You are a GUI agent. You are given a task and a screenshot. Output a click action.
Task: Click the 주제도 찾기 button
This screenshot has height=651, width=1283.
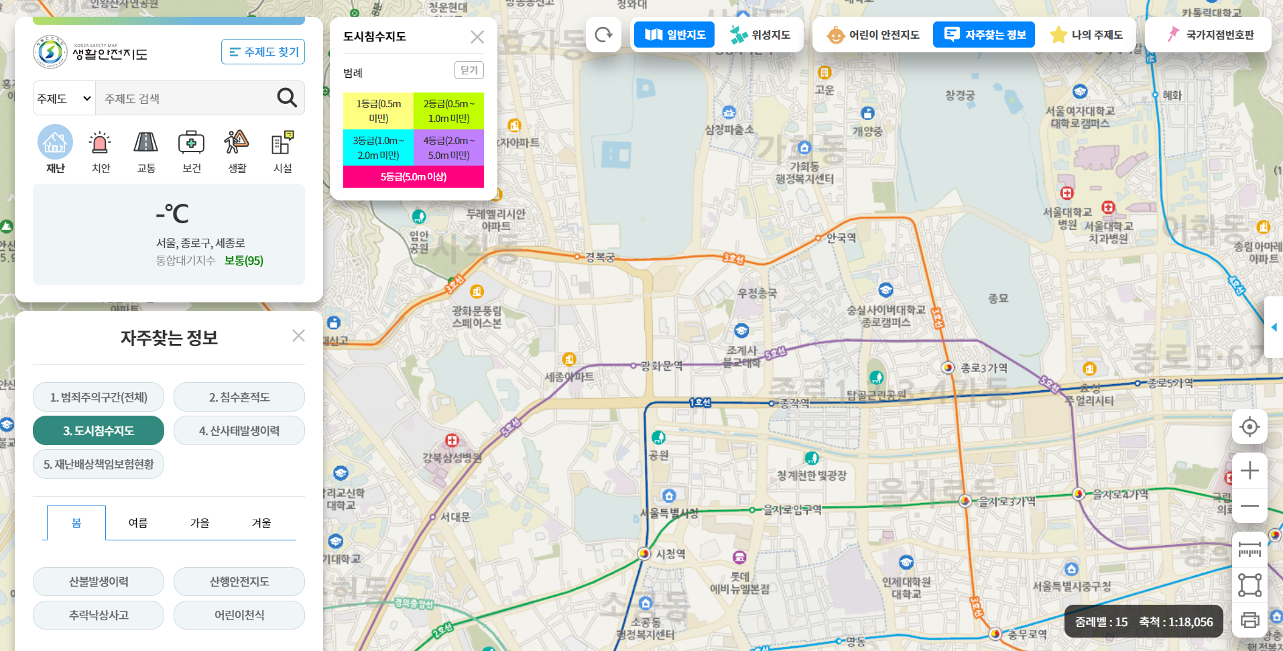pos(263,52)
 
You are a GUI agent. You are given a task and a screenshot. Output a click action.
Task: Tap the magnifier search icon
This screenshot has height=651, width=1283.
pos(287,98)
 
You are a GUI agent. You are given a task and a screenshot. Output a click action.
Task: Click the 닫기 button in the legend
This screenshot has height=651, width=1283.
pos(469,70)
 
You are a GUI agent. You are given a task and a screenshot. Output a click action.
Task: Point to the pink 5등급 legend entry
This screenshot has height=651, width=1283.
pos(413,177)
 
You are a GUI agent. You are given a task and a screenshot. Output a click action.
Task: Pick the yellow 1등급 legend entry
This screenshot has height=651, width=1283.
pos(378,111)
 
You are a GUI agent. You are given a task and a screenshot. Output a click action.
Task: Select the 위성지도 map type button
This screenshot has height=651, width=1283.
pos(760,35)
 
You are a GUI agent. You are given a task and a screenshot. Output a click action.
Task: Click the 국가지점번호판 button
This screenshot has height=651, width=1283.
pos(1210,35)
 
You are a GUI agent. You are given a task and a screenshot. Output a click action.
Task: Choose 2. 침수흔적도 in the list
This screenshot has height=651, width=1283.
pos(239,397)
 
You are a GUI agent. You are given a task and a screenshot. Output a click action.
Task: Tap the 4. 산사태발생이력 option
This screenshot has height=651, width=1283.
pos(239,430)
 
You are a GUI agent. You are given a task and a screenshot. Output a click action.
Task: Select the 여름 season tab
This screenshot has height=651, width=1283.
pos(138,523)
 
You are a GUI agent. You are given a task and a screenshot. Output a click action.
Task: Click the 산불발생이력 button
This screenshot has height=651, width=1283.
pos(99,581)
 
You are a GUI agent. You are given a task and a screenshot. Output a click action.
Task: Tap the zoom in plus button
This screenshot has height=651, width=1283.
pos(1249,471)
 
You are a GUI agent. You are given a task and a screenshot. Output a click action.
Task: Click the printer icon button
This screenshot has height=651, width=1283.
pos(1249,620)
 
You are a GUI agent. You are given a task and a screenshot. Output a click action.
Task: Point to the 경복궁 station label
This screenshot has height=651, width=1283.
pos(599,257)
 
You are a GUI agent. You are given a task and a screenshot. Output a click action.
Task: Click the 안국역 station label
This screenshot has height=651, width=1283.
pos(841,237)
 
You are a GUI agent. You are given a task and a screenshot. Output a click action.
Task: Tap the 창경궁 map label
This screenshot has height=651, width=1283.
pos(960,95)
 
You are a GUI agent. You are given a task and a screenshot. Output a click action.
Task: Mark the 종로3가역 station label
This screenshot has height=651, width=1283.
pos(983,368)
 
